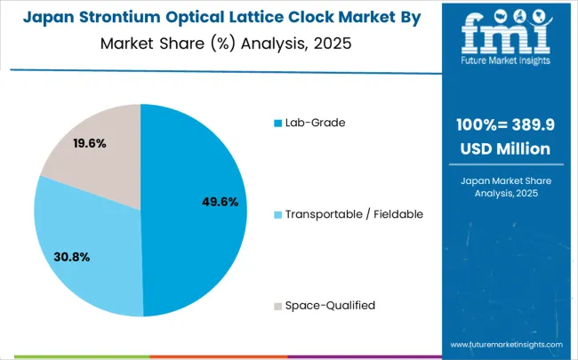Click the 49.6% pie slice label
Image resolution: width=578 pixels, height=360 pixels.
pyautogui.click(x=221, y=202)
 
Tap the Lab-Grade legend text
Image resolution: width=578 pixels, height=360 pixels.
pyautogui.click(x=314, y=122)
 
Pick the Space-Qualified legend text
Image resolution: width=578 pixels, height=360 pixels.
pyautogui.click(x=329, y=305)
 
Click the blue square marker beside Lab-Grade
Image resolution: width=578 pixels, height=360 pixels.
pyautogui.click(x=277, y=122)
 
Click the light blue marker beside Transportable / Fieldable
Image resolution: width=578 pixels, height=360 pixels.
pyautogui.click(x=277, y=213)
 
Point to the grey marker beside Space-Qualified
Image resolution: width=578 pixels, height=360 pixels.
pyautogui.click(x=277, y=305)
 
